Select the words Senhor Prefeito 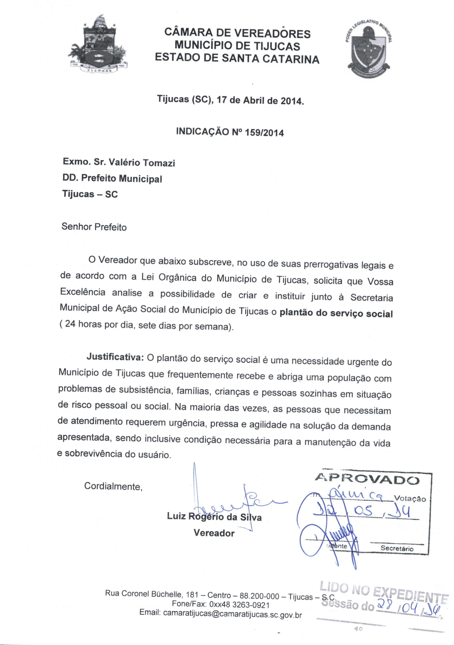click(94, 227)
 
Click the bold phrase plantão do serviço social click(336, 313)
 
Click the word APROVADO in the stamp click(367, 479)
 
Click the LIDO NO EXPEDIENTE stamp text click(384, 591)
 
